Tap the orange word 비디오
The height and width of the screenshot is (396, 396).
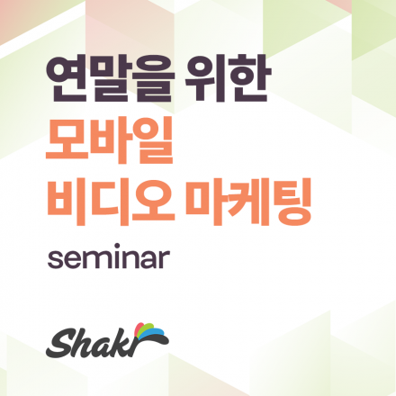click(112, 206)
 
